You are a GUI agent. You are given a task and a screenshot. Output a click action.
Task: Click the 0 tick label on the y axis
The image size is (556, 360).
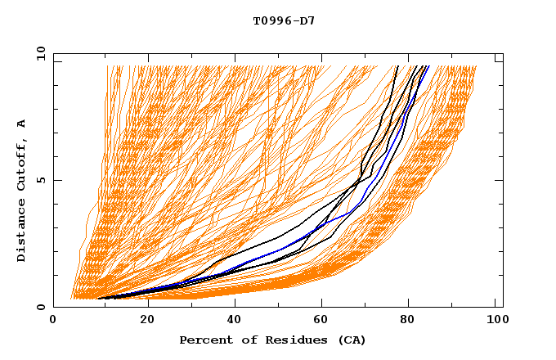tap(41, 307)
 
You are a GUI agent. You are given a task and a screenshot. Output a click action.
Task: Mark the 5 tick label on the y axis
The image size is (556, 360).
tap(41, 180)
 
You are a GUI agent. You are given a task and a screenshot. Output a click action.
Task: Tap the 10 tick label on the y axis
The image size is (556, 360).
tap(38, 53)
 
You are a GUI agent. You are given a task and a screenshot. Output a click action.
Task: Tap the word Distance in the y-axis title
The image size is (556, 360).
tap(22, 234)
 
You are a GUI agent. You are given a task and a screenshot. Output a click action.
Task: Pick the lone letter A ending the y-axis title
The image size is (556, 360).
tap(22, 124)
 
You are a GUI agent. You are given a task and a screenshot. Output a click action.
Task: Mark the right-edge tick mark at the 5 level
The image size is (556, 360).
tap(500, 180)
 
